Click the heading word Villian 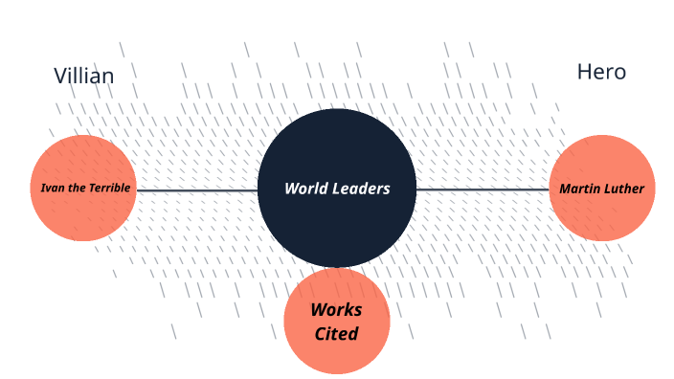tap(83, 76)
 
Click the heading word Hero tap(601, 72)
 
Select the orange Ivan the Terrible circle tap(84, 215)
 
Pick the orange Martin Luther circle tap(601, 215)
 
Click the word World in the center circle tap(305, 189)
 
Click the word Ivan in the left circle tap(51, 188)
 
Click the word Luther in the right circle tap(625, 189)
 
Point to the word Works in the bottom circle tap(336, 311)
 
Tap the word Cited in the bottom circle tap(336, 334)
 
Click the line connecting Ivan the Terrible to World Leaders tap(196, 189)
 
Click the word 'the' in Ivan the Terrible tap(74, 188)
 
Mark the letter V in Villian tap(59, 76)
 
